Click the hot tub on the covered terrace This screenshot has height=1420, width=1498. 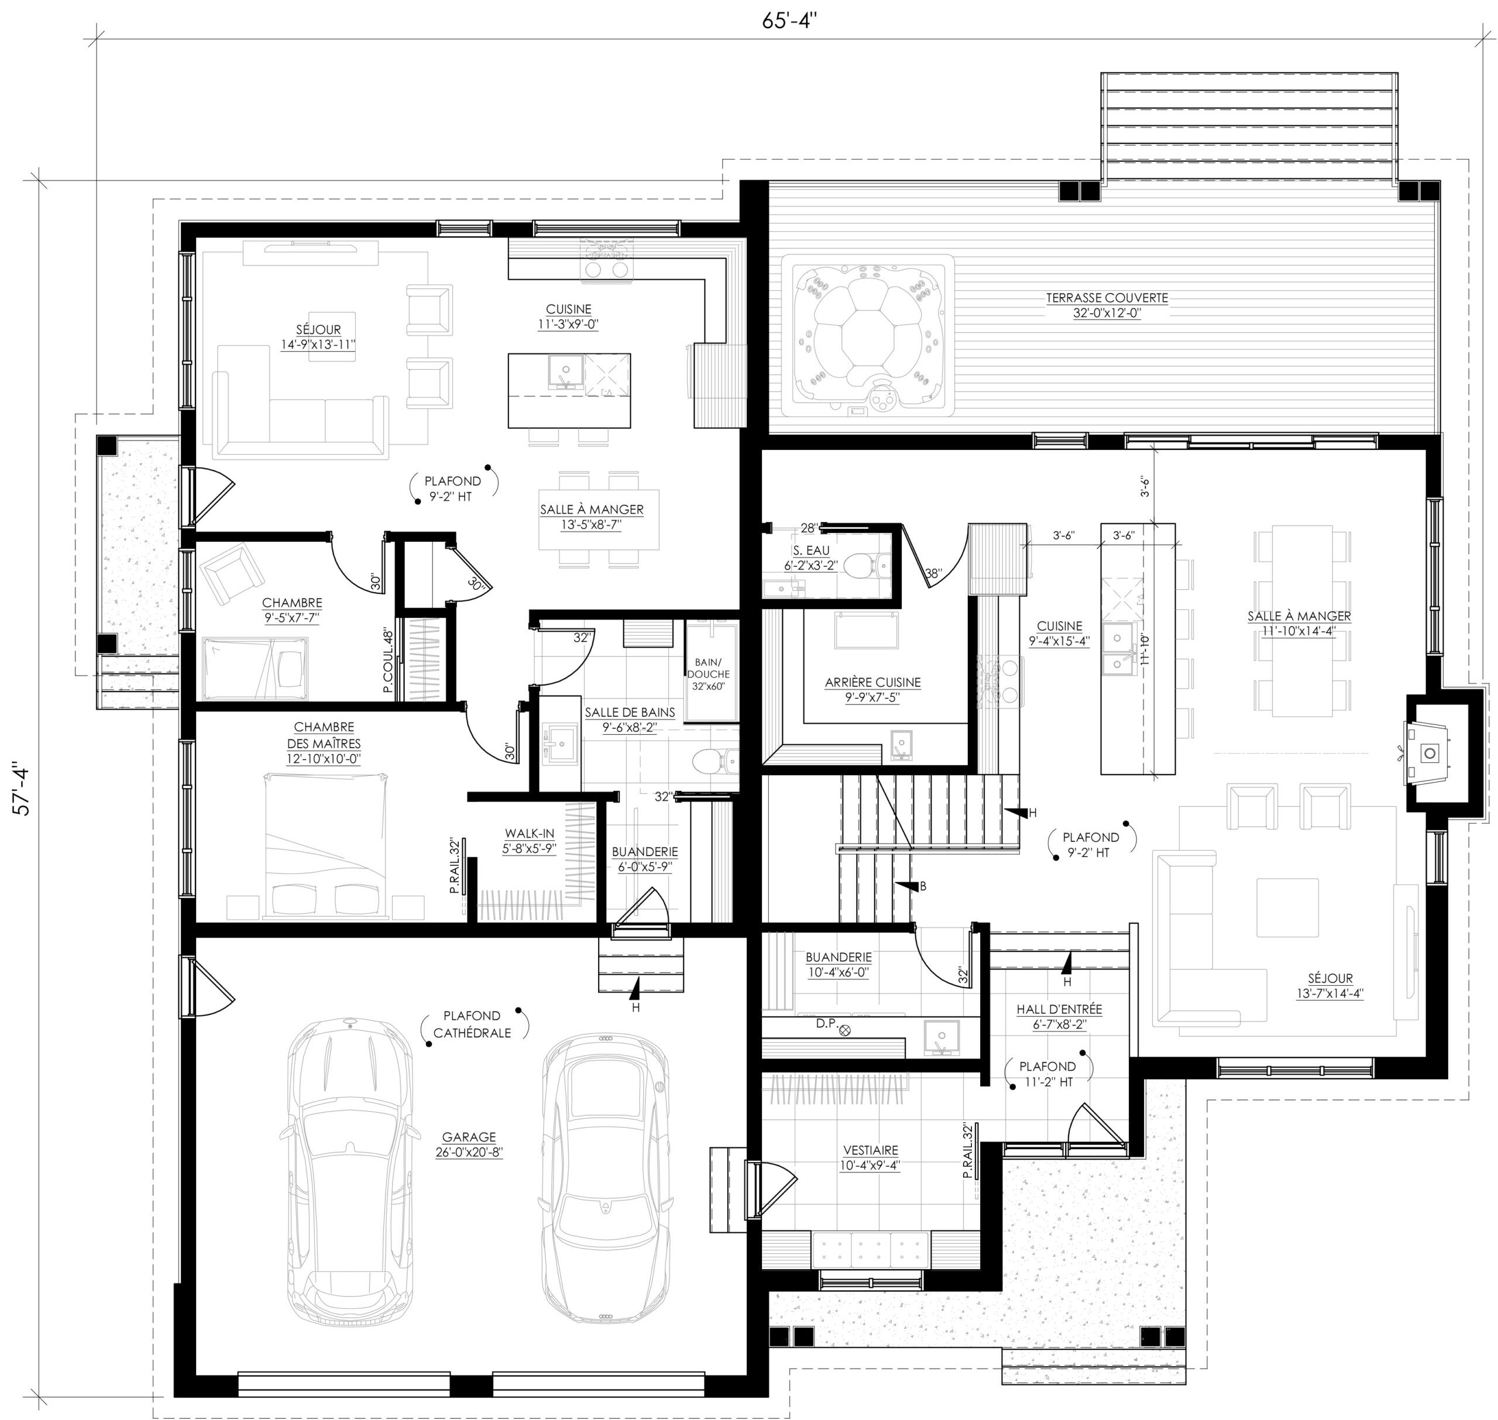pyautogui.click(x=867, y=335)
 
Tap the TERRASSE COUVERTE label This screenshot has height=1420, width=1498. pyautogui.click(x=1106, y=305)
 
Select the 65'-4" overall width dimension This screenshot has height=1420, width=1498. pyautogui.click(x=789, y=20)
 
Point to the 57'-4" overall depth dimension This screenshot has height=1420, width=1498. pyautogui.click(x=23, y=791)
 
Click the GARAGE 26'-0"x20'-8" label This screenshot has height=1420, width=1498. pyautogui.click(x=469, y=1144)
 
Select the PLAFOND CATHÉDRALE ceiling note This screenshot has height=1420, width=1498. pyautogui.click(x=472, y=1024)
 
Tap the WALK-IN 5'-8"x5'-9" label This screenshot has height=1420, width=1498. pyautogui.click(x=529, y=841)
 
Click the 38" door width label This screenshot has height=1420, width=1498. pyautogui.click(x=934, y=575)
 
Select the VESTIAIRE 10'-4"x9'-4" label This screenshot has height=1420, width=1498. pyautogui.click(x=869, y=1178)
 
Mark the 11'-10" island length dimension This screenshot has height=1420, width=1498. pyautogui.click(x=1145, y=649)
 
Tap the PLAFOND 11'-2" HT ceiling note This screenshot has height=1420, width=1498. pyautogui.click(x=1047, y=1074)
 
